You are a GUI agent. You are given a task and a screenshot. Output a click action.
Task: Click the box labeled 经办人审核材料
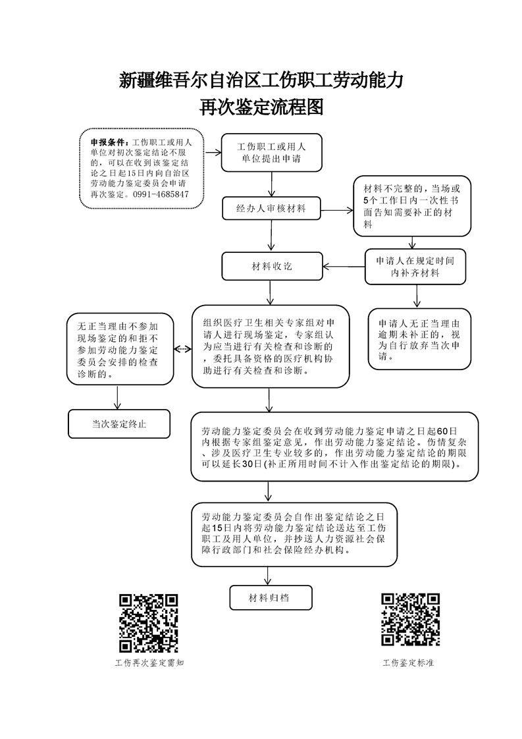(271, 208)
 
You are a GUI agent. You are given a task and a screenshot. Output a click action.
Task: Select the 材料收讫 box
(273, 266)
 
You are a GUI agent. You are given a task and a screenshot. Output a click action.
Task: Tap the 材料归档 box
(271, 597)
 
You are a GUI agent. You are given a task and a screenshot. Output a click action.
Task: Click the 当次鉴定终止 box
(119, 424)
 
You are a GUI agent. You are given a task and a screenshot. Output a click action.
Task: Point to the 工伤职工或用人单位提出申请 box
(272, 152)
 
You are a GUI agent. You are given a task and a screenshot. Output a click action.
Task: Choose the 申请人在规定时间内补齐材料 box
(415, 267)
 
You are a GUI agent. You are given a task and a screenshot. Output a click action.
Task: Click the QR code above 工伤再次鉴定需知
(148, 623)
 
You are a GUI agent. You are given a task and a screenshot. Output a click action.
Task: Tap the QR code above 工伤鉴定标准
(410, 619)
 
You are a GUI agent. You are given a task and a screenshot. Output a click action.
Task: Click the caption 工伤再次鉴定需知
(149, 663)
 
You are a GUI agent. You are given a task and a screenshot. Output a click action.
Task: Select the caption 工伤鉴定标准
(408, 663)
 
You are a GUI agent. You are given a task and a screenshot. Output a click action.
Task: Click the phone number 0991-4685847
(161, 194)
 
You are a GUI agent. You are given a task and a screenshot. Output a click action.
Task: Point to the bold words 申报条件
(107, 142)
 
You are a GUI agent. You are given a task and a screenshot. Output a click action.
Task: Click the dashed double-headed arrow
(183, 349)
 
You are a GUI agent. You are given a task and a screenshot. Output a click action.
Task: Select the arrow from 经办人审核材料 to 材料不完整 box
(337, 210)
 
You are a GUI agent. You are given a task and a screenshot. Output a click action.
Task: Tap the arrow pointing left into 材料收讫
(344, 267)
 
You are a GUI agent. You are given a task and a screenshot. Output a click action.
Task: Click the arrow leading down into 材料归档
(268, 576)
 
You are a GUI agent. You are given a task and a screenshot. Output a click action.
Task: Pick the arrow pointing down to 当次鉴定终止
(117, 397)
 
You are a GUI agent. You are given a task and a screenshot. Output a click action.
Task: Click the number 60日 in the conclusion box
(447, 431)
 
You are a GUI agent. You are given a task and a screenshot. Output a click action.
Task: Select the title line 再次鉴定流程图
(261, 107)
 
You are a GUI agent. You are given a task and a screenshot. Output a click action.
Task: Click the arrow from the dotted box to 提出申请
(213, 152)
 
